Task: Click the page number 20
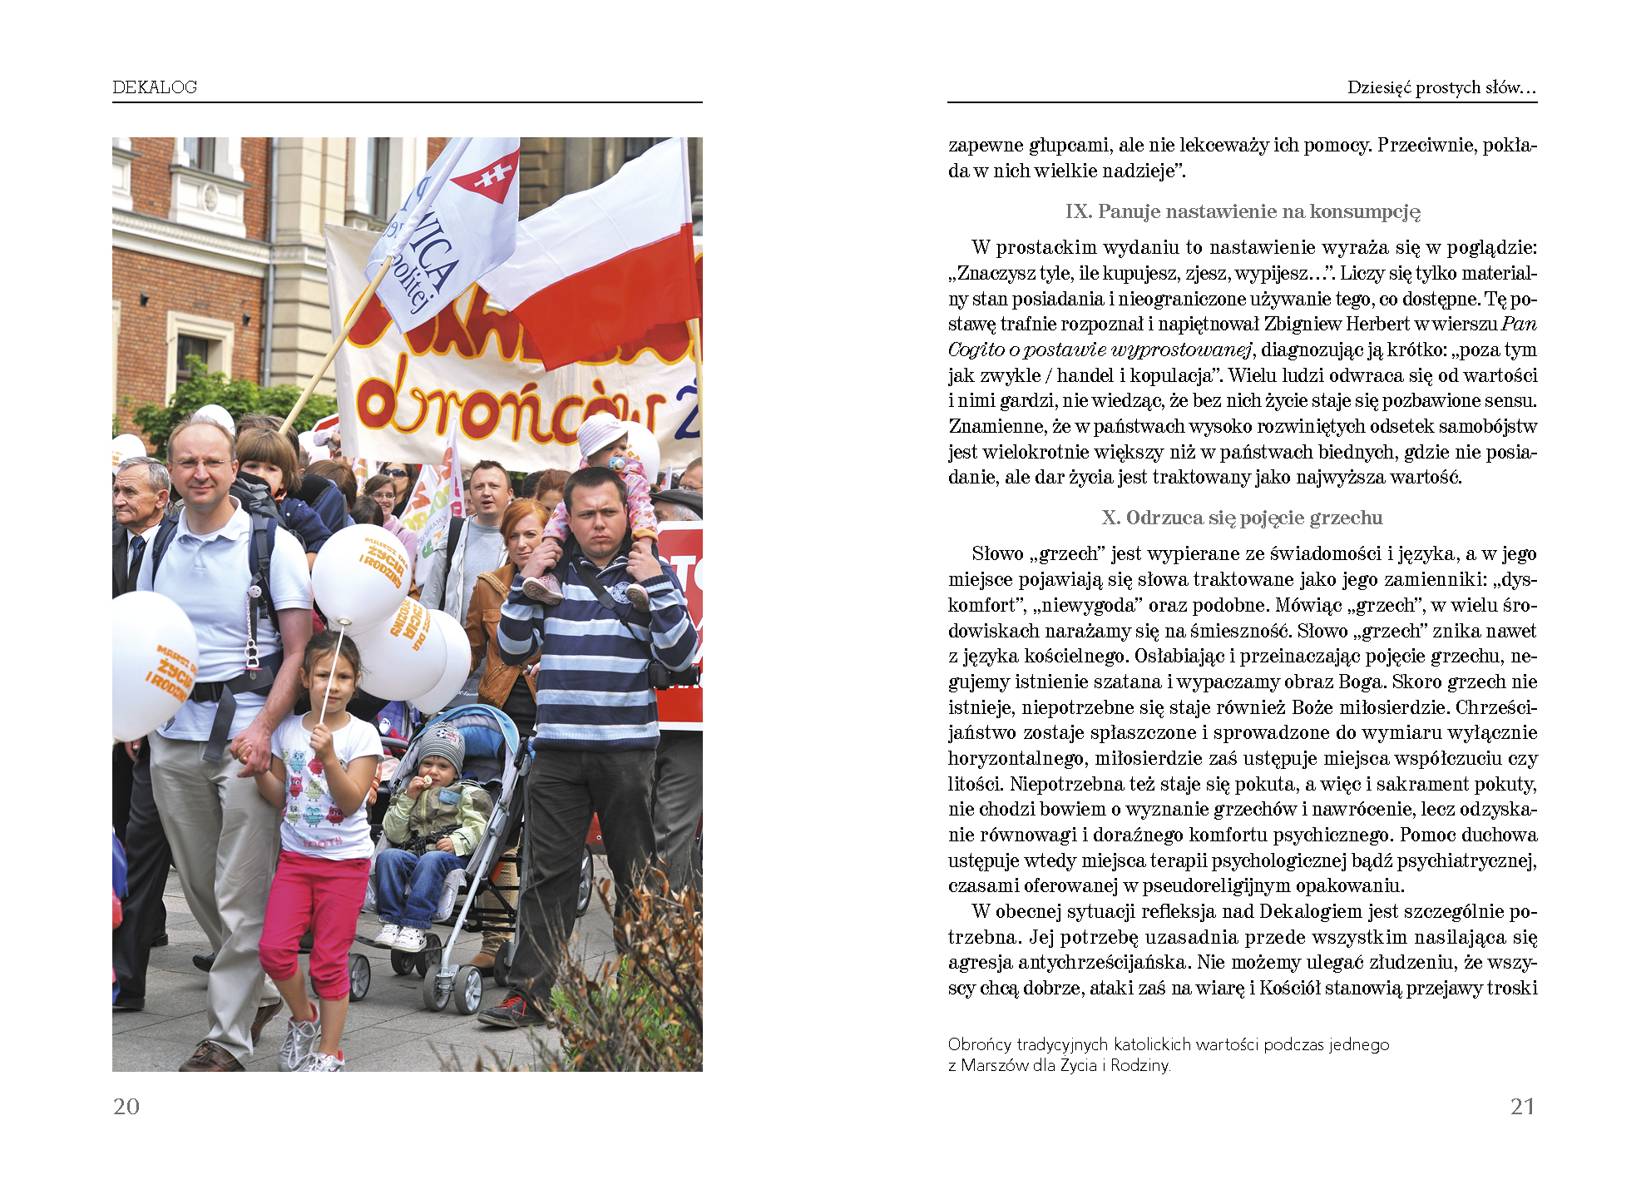point(126,1107)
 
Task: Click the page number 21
point(1522,1107)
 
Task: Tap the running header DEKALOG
point(155,87)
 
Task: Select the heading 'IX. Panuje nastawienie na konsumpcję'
point(1243,211)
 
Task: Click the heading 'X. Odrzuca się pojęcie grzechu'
point(1242,518)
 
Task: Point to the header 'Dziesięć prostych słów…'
point(1441,87)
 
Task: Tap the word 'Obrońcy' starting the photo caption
point(979,1044)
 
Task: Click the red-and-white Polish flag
point(599,266)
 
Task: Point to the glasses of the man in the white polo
point(200,464)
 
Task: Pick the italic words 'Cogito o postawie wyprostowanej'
point(1100,350)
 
